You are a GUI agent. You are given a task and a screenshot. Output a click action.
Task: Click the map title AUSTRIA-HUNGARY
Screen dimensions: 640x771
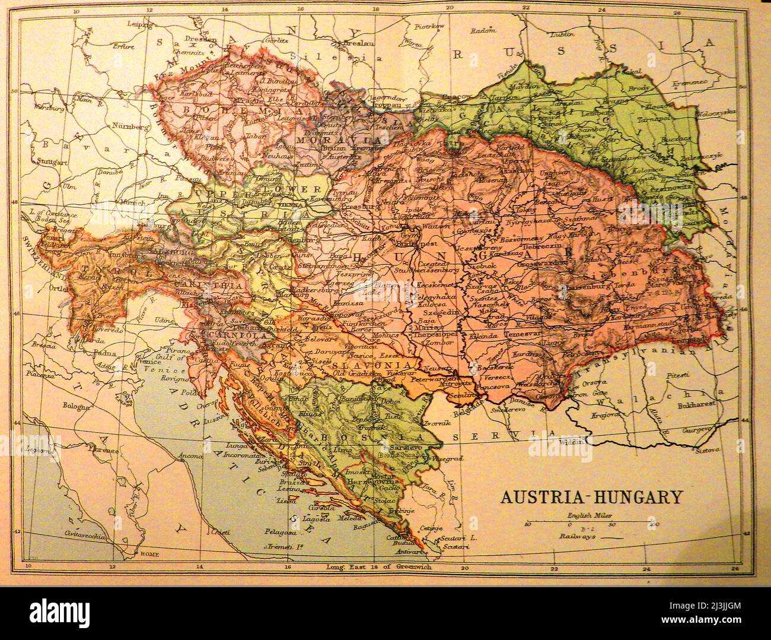point(592,496)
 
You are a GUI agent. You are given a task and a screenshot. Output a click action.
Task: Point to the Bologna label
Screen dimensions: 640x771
point(78,406)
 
